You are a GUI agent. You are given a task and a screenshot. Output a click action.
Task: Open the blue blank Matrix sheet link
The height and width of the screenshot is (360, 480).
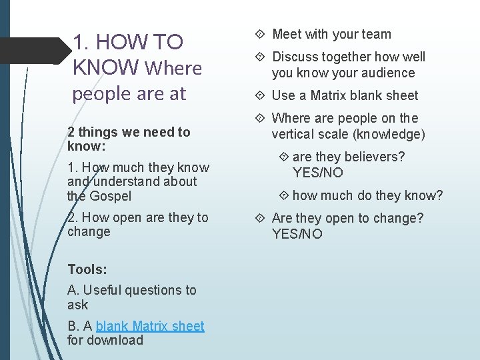[150, 325]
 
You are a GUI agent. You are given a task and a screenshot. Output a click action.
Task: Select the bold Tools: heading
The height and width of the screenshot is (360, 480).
[87, 269]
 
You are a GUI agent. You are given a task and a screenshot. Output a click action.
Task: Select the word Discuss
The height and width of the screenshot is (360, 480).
[296, 57]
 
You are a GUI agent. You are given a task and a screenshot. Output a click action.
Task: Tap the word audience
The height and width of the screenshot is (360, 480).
[387, 73]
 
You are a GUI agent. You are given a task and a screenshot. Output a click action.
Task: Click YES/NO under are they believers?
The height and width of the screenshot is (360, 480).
[318, 173]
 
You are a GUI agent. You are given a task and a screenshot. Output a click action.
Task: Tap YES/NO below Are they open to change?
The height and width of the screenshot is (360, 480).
[297, 234]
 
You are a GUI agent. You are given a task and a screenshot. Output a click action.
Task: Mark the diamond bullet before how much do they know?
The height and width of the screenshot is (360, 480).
[284, 195]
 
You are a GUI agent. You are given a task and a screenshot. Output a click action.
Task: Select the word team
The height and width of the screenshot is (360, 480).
[377, 34]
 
